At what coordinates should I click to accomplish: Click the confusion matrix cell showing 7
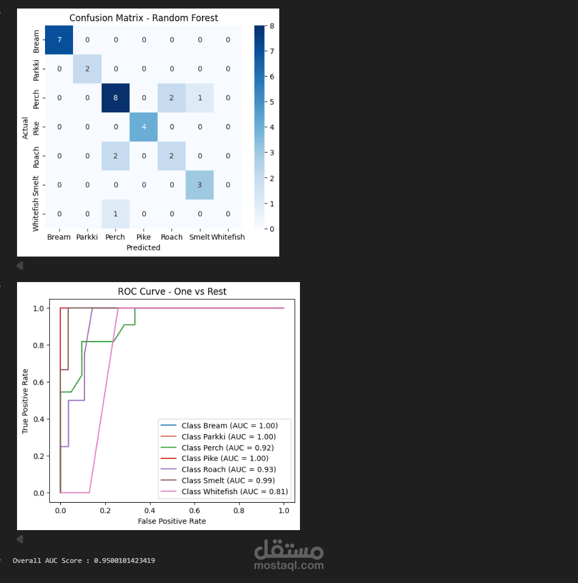(x=59, y=40)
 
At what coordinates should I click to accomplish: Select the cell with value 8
(x=115, y=98)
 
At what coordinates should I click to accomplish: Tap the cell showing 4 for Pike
(x=143, y=127)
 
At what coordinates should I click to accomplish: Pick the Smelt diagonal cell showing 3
(x=200, y=185)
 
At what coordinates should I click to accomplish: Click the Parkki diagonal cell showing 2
(x=87, y=69)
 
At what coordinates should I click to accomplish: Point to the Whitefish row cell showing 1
(x=115, y=214)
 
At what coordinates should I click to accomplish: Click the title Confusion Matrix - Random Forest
(x=144, y=18)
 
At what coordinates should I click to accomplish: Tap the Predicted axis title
(x=144, y=247)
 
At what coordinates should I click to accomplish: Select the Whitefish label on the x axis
(x=228, y=237)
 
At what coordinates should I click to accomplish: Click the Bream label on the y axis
(x=36, y=41)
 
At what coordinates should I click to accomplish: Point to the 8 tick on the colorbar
(x=271, y=26)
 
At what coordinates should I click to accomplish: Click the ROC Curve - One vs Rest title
(x=172, y=292)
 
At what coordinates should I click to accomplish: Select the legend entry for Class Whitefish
(x=234, y=491)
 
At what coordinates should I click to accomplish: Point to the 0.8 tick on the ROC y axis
(x=38, y=345)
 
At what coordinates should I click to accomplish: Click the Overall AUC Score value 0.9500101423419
(x=124, y=561)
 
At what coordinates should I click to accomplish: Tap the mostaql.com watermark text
(x=288, y=565)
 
